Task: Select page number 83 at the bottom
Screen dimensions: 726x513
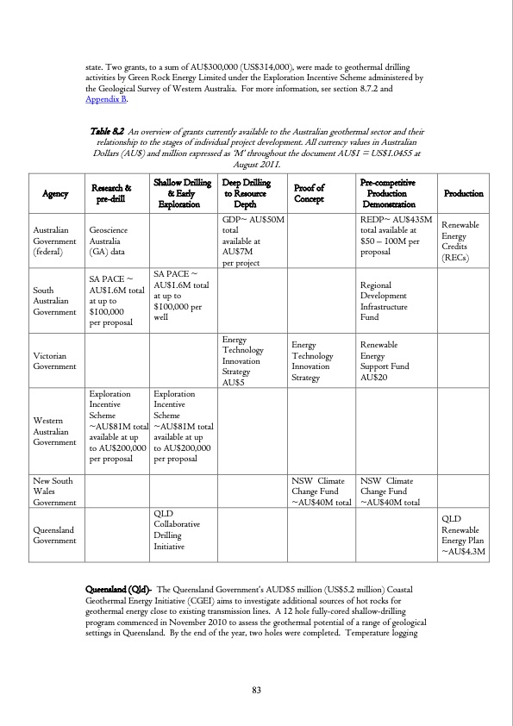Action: pyautogui.click(x=256, y=689)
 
